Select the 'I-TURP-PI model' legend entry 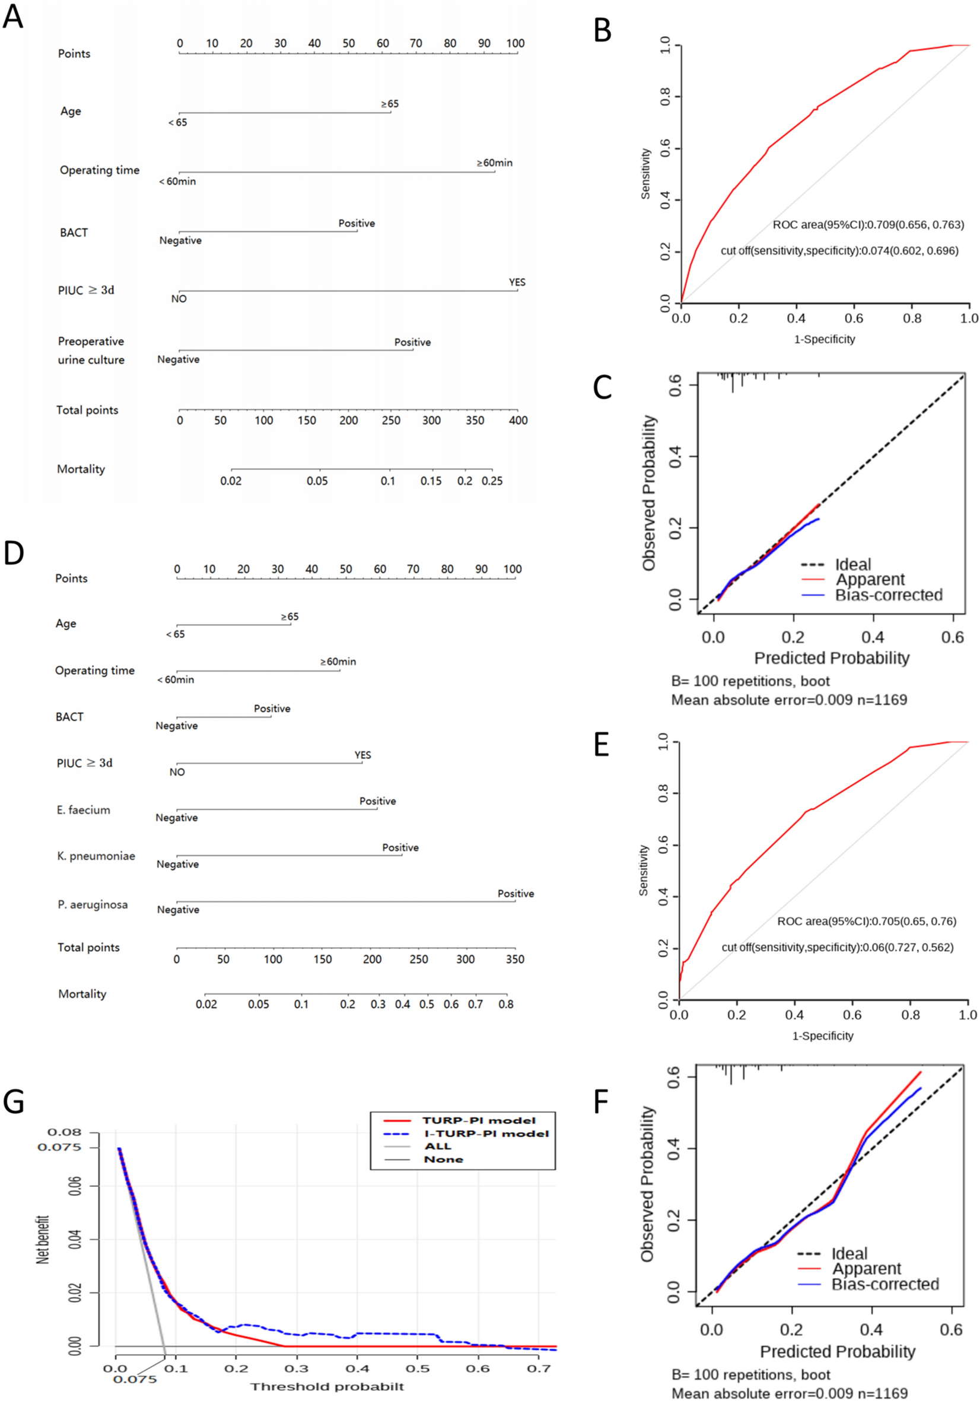(486, 1133)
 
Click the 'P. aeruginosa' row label (93, 904)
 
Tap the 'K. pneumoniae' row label (96, 856)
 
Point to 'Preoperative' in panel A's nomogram (91, 341)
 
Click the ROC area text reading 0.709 (868, 224)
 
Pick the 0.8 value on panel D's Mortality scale (505, 1004)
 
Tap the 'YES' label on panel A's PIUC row (517, 282)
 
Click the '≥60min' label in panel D (338, 662)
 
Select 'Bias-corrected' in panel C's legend (888, 595)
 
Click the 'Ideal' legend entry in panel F (849, 1253)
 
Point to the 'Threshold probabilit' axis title (327, 1387)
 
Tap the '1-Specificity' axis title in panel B (824, 339)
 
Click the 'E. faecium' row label (84, 810)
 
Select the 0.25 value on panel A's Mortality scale (492, 481)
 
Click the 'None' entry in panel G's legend (443, 1159)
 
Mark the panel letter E (602, 745)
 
